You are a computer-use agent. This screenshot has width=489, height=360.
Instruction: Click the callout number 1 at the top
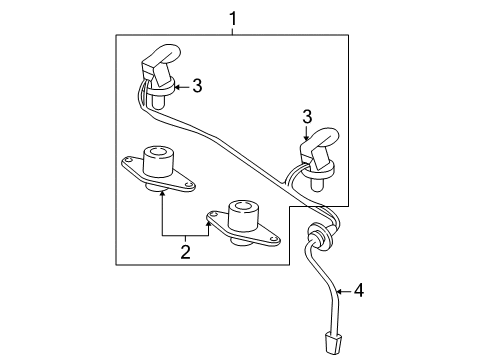pyautogui.click(x=233, y=19)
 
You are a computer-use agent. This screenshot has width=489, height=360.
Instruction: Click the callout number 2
pyautogui.click(x=185, y=252)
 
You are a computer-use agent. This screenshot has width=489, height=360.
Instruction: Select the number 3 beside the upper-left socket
pyautogui.click(x=197, y=86)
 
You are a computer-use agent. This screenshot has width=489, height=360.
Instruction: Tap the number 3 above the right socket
pyautogui.click(x=307, y=117)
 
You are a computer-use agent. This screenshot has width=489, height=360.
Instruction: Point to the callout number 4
pyautogui.click(x=359, y=291)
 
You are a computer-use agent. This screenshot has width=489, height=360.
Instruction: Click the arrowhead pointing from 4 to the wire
pyautogui.click(x=340, y=291)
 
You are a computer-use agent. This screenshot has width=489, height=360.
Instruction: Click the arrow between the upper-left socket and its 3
pyautogui.click(x=182, y=87)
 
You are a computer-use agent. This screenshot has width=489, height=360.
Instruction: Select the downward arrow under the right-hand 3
pyautogui.click(x=306, y=133)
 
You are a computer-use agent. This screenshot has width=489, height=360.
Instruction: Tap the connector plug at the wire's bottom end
pyautogui.click(x=332, y=343)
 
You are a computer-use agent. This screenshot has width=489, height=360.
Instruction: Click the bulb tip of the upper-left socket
pyautogui.click(x=158, y=103)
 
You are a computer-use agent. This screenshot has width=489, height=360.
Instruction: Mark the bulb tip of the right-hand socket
pyautogui.click(x=317, y=186)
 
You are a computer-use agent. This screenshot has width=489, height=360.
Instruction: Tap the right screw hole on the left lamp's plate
pyautogui.click(x=189, y=184)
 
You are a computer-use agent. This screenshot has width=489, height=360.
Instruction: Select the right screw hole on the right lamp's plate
pyautogui.click(x=274, y=239)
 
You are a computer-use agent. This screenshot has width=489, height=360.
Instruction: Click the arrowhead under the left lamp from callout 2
pyautogui.click(x=162, y=192)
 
